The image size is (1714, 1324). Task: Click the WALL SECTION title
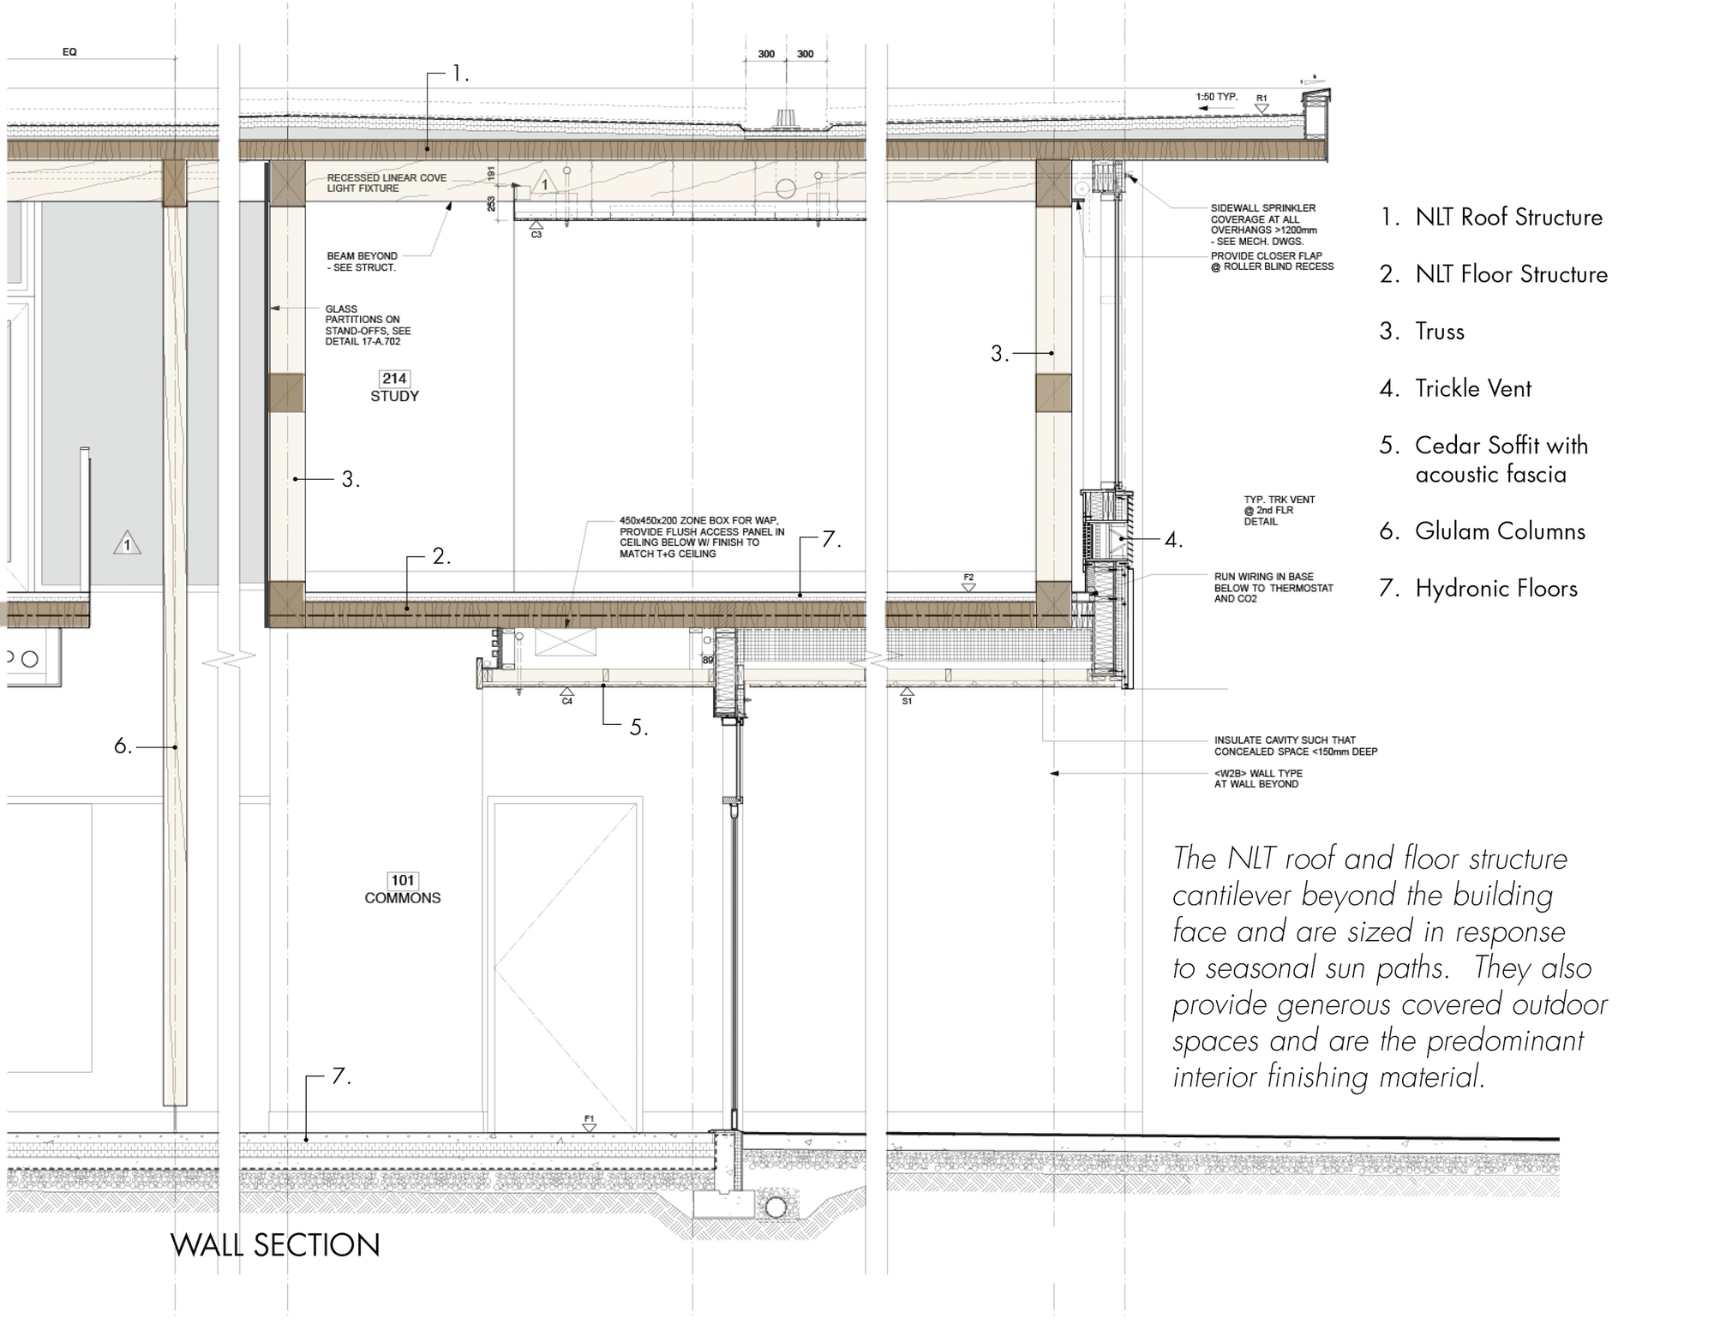(275, 1245)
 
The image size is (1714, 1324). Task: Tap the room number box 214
(394, 378)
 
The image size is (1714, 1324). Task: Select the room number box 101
(403, 880)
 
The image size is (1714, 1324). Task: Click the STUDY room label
(394, 396)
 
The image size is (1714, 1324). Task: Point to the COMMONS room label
(403, 898)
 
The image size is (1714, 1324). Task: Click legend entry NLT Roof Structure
(1491, 217)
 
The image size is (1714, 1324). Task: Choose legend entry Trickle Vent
(1455, 388)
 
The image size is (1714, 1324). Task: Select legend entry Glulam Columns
(1483, 531)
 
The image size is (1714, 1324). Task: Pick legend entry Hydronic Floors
(1479, 589)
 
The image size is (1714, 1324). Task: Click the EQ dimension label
(69, 52)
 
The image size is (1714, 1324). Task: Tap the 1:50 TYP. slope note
(1217, 97)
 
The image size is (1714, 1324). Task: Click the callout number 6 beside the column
(123, 746)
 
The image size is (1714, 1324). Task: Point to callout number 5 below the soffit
(638, 728)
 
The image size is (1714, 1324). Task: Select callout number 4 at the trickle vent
(1173, 540)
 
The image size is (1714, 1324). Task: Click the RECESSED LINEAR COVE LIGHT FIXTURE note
(387, 183)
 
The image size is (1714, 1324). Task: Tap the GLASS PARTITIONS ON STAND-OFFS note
(368, 326)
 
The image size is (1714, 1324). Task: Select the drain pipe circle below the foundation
(776, 1207)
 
